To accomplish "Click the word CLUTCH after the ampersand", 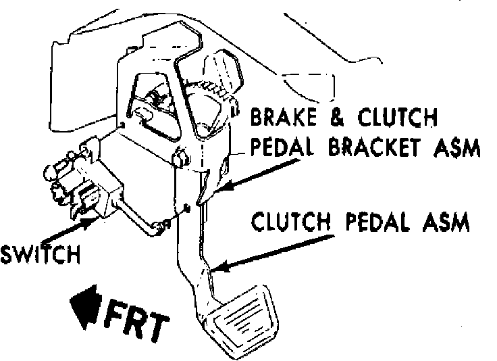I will [x=395, y=120].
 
